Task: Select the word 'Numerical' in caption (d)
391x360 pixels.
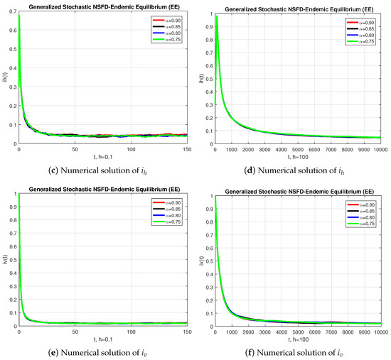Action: pyautogui.click(x=279, y=168)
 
